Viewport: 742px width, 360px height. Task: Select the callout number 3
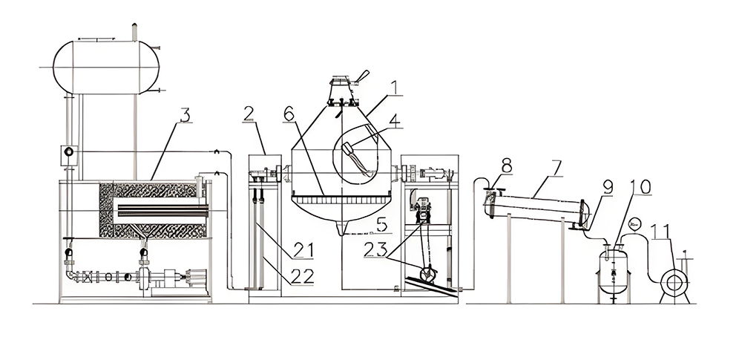(185, 114)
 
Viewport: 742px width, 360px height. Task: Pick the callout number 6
(290, 114)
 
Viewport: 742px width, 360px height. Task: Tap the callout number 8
(507, 164)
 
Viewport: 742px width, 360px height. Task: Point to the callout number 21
(302, 250)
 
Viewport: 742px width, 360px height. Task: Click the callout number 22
(302, 276)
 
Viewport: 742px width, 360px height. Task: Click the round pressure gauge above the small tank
(635, 222)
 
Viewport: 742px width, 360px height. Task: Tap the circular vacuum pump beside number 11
(675, 283)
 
